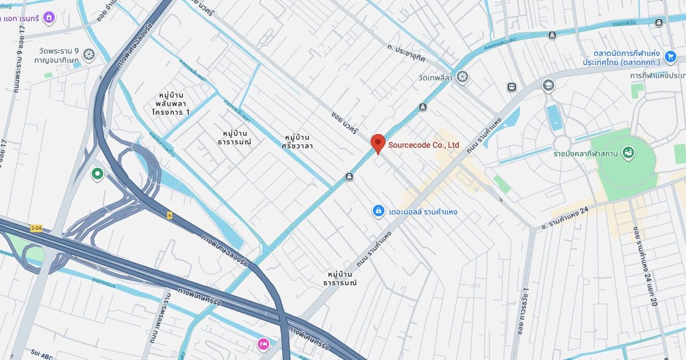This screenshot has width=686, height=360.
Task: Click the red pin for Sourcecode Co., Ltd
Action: coord(378,143)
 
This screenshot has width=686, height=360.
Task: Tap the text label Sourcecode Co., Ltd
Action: coord(424,145)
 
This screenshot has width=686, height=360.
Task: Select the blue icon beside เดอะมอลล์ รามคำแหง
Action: coord(377,212)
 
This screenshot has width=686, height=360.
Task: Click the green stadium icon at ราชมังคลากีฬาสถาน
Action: coord(628,153)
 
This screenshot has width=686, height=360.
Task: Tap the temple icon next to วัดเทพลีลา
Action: coord(462,76)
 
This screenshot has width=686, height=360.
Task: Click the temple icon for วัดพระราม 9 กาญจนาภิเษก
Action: coord(88,54)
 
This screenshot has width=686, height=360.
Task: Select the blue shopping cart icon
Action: coord(670,56)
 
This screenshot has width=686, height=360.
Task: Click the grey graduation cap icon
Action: coord(548,86)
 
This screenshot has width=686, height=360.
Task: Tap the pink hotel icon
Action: coord(263,344)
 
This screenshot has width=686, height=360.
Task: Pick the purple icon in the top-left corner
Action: coord(50,18)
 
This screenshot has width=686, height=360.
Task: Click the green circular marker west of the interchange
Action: coord(97,173)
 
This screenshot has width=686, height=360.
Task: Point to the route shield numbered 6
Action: coord(169,215)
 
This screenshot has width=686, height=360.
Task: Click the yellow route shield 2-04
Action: coord(36,228)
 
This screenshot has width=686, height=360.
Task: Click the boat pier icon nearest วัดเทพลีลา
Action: coord(423,107)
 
